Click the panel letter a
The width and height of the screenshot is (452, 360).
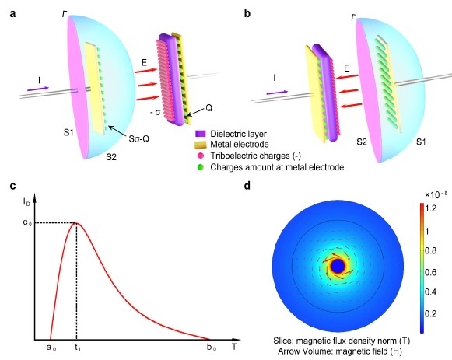coord(12,13)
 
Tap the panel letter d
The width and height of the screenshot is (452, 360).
coord(247,186)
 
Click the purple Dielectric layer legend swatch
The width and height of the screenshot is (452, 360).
coord(201,134)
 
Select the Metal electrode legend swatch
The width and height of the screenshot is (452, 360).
coord(201,145)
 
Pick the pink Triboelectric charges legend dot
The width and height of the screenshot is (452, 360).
coord(201,156)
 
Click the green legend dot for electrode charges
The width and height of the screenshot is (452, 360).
coord(201,167)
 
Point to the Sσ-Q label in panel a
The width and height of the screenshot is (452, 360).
coord(139,139)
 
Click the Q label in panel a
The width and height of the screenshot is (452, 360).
coord(208,108)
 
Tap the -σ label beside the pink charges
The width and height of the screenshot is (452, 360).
coord(155,112)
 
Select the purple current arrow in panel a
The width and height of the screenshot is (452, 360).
coord(38,89)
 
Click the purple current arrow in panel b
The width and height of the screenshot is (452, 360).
coord(277,93)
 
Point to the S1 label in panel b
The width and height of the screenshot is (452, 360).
coord(421,142)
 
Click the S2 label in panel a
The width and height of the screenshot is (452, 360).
coord(111,157)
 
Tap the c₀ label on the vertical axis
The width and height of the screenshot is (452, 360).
coord(27,222)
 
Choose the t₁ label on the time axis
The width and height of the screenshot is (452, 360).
coord(78,348)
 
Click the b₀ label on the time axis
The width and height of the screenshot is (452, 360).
coord(212,348)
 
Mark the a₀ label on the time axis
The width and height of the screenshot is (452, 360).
coord(51,348)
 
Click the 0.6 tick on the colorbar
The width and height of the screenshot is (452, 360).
coord(431,272)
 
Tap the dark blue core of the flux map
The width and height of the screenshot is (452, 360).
coord(338,267)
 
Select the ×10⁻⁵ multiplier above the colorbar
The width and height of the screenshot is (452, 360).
coord(436,194)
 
